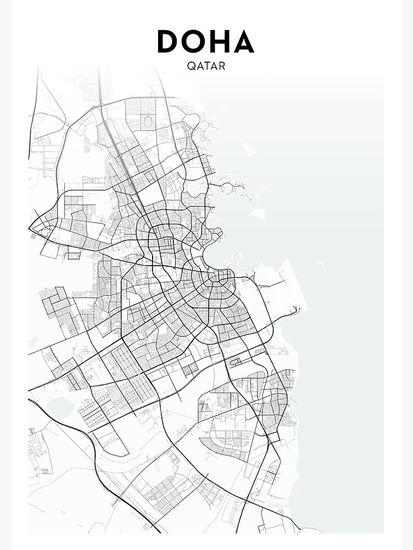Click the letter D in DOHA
[167, 42]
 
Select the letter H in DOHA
[219, 42]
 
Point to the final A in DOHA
[242, 42]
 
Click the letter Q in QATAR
[191, 66]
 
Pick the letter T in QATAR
[206, 66]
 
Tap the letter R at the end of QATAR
[222, 66]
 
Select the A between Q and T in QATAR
[199, 66]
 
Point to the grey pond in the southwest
[59, 408]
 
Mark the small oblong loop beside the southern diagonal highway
[236, 362]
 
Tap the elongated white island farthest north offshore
[248, 148]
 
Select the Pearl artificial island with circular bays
[231, 187]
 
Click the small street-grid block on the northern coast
[206, 163]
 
